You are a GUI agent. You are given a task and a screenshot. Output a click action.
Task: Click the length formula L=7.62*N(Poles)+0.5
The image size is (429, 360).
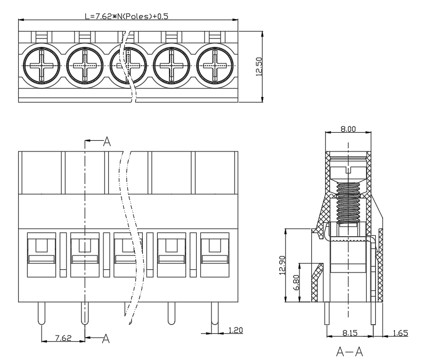[x=126, y=17]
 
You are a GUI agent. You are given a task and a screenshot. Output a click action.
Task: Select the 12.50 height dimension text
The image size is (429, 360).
[x=259, y=67]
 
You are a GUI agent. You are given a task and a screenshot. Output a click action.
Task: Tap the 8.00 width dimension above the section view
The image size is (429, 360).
[x=348, y=129]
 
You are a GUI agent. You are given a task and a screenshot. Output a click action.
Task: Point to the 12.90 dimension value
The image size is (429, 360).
[x=282, y=265]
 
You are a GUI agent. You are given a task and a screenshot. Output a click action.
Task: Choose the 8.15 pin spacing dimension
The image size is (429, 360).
[x=350, y=333]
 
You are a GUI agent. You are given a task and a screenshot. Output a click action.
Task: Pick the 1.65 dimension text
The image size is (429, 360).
[x=400, y=333]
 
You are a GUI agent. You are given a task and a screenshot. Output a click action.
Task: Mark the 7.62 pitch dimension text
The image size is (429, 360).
[x=63, y=338]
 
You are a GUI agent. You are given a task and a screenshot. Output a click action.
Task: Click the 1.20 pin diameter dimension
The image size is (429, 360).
[x=236, y=330]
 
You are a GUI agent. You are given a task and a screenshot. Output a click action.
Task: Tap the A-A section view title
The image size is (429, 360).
[x=350, y=351]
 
